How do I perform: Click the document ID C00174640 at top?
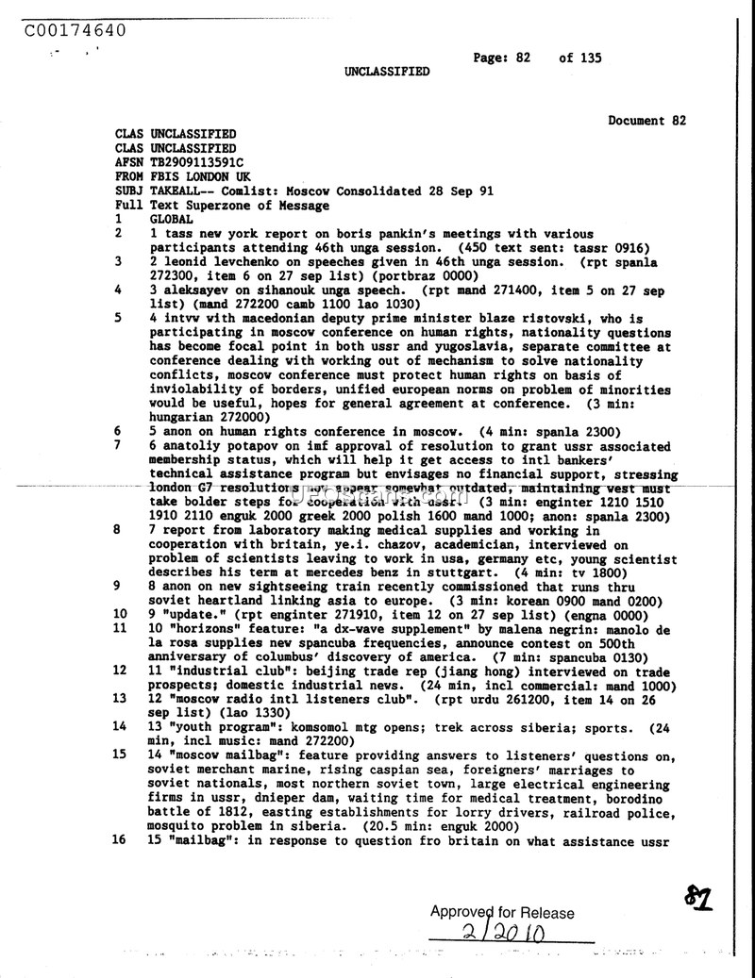75,30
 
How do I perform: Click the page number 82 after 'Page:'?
522,58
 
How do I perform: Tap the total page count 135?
591,58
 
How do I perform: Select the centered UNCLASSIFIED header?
387,72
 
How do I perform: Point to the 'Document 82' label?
646,121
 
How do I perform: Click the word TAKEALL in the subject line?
176,191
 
